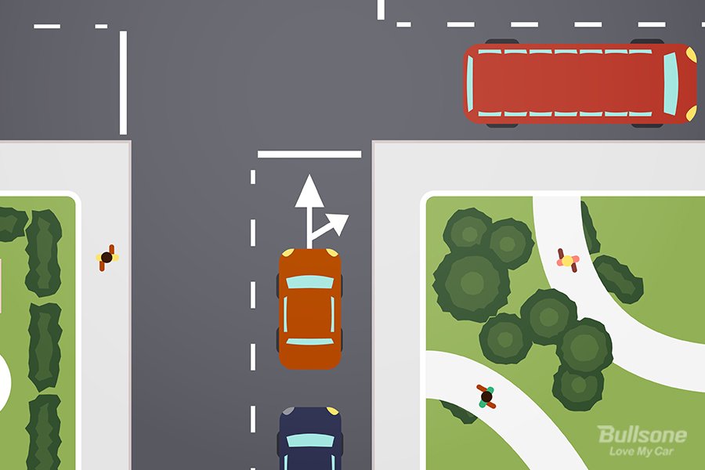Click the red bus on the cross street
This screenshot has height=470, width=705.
click(580, 84)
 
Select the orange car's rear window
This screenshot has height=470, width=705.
click(309, 342)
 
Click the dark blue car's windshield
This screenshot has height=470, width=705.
click(310, 440)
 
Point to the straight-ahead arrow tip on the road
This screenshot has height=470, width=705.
click(309, 175)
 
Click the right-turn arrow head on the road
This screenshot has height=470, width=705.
click(340, 222)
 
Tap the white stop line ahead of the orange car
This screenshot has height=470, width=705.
click(309, 154)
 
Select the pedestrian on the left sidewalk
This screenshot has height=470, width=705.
click(107, 258)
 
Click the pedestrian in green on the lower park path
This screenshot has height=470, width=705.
click(486, 396)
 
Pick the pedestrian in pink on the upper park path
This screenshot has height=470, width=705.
click(568, 260)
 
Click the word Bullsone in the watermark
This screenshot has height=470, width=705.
click(642, 435)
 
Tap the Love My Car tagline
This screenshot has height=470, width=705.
click(641, 451)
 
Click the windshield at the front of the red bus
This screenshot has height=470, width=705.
click(670, 83)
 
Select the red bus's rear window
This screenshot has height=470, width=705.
click(470, 84)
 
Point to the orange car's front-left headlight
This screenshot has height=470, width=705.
click(288, 253)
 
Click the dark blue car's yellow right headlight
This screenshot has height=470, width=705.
click(332, 410)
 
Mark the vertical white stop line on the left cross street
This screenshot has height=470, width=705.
click(123, 83)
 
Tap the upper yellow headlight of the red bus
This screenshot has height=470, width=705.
click(691, 55)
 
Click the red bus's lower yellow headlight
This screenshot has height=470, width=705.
click(691, 113)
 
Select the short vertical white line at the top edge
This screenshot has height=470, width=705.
click(381, 10)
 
